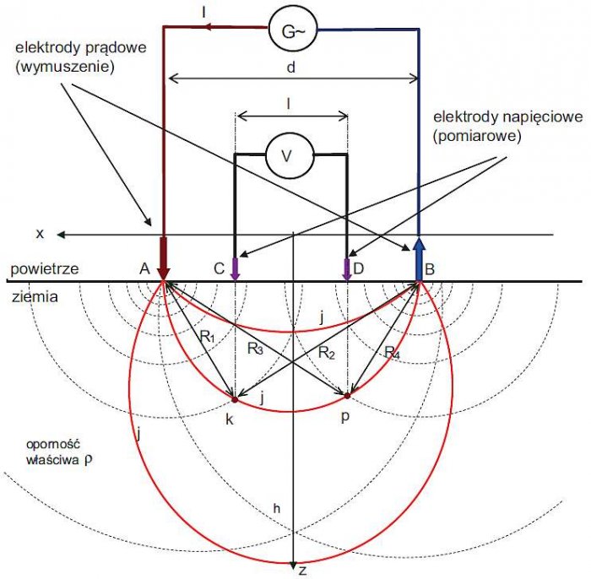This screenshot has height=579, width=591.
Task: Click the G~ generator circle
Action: point(293,31)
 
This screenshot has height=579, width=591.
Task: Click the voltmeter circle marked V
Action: point(290,155)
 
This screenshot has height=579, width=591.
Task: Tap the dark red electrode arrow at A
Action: point(163,259)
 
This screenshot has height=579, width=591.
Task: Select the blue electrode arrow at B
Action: point(419,259)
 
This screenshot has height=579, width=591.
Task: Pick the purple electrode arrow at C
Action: point(235,269)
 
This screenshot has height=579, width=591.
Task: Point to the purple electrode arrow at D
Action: point(347,269)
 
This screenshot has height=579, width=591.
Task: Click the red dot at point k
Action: point(235,399)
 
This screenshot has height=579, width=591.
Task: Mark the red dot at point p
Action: point(347,396)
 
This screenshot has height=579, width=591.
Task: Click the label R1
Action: point(208,337)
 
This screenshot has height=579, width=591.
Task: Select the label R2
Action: point(327,353)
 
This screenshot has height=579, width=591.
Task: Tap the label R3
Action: point(255,349)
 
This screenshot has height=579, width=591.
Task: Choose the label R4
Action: point(392,353)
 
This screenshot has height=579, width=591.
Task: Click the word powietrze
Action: point(45,269)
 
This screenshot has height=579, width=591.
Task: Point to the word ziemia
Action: point(35,296)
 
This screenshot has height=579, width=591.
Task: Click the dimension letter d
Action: point(290,68)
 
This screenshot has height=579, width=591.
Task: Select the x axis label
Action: point(40,234)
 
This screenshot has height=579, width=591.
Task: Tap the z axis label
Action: point(302,571)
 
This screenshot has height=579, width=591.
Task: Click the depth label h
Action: point(277,509)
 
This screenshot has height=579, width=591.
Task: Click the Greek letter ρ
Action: point(88,460)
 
